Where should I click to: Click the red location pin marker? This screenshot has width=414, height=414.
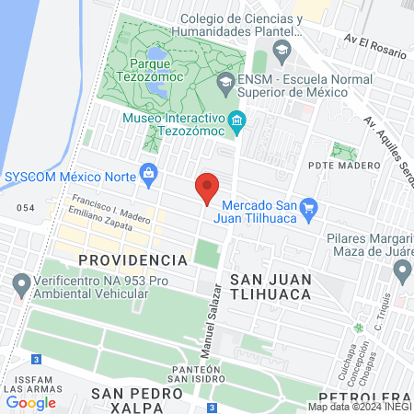(x=208, y=187)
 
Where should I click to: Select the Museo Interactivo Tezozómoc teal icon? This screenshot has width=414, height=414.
(x=238, y=121)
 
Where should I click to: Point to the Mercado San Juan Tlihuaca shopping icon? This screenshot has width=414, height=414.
(x=309, y=207)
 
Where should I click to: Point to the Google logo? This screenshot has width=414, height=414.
(x=30, y=402)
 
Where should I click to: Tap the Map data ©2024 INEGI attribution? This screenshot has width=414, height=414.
(x=359, y=407)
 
